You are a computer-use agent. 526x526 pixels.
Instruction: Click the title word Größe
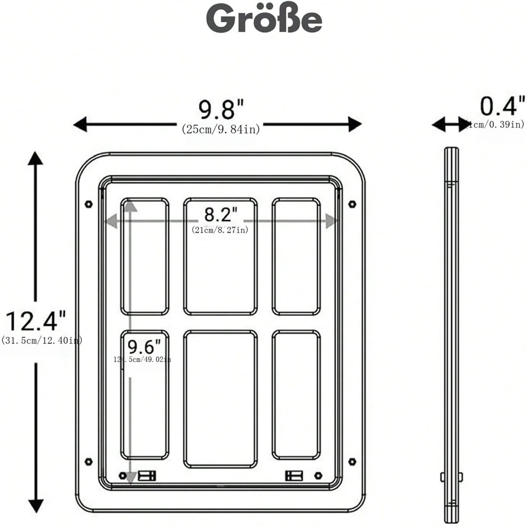click(264, 19)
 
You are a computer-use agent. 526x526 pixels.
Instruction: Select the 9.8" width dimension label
click(220, 109)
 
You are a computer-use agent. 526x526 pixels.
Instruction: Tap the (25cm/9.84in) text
click(220, 129)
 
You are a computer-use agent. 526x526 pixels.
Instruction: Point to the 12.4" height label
click(35, 321)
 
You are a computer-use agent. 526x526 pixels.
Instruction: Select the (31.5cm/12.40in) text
click(41, 340)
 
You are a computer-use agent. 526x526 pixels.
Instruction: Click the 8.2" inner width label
click(220, 214)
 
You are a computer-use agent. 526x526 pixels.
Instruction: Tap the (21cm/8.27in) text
click(220, 230)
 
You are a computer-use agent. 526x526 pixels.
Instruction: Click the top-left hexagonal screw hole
click(88, 204)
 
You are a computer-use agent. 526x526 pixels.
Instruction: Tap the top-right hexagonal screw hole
click(352, 204)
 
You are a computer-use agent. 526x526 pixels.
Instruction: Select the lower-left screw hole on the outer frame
click(88, 462)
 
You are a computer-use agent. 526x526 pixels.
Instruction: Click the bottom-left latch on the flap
click(147, 476)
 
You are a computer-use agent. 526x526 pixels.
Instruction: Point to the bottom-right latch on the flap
click(293, 476)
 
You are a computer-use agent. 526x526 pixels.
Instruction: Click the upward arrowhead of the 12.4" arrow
click(36, 158)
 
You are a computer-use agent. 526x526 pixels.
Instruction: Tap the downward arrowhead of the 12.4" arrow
click(36, 506)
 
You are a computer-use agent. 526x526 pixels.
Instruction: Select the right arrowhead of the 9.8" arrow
click(355, 124)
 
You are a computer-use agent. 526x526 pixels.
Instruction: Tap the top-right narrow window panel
click(296, 256)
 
